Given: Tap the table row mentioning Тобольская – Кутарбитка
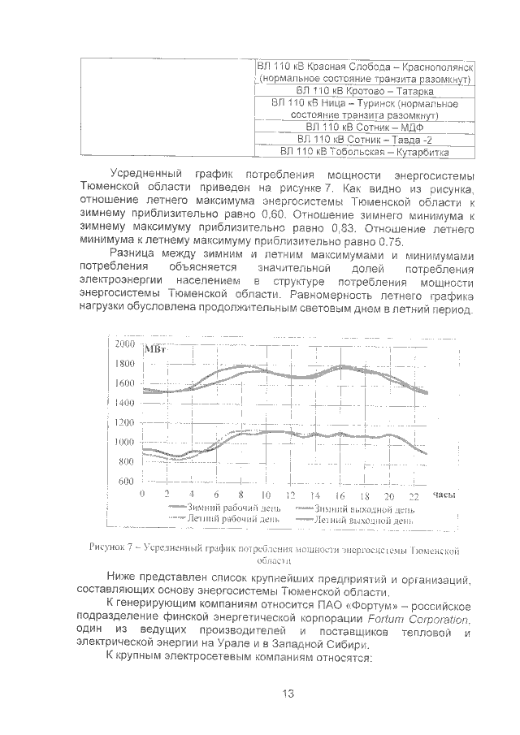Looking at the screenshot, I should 364,151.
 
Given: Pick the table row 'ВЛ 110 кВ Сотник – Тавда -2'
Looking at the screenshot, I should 364,140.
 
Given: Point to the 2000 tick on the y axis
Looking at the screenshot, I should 124,344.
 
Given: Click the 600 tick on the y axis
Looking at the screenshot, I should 127,482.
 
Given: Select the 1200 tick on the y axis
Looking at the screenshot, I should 124,422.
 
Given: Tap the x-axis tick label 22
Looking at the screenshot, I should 414,495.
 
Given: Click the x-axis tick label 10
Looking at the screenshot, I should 265,495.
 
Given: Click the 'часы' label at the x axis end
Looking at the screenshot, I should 444,494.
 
